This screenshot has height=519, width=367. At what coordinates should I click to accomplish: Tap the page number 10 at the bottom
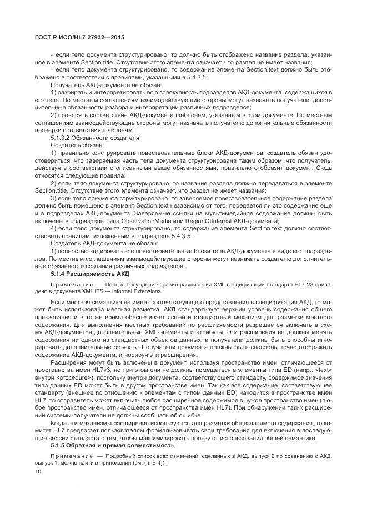[38, 472]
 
